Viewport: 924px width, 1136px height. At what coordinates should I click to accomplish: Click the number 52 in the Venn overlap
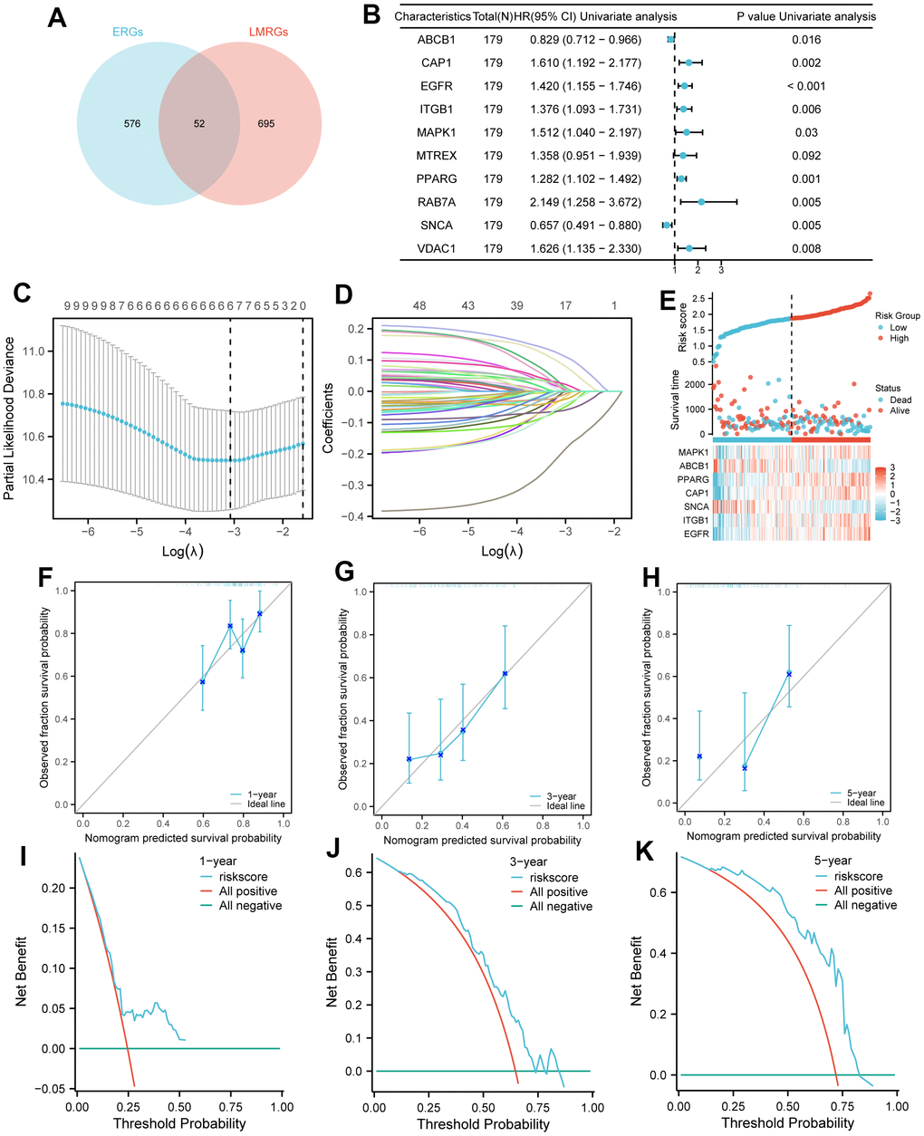tap(199, 124)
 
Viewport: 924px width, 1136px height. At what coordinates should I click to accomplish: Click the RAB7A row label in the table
tap(436, 202)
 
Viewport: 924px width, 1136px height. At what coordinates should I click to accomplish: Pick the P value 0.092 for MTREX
tap(805, 156)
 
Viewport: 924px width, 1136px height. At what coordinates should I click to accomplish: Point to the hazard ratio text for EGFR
tap(585, 86)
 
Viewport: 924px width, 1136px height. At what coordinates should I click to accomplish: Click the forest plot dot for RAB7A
tap(701, 202)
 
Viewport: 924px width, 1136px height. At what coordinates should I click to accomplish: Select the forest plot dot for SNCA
tap(667, 226)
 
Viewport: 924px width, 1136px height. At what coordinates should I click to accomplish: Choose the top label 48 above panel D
tap(419, 306)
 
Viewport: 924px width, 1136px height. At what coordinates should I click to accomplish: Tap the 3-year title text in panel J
tap(530, 862)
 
